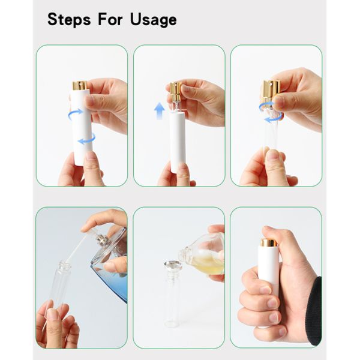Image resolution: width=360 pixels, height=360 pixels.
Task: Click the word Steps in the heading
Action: click(69, 20)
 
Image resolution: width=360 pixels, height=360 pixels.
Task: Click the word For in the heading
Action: click(110, 19)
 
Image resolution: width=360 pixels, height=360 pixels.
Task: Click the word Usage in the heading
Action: click(154, 20)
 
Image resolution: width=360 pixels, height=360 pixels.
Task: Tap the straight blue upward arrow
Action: click(160, 111)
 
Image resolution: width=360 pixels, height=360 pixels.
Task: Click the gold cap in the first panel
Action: click(80, 85)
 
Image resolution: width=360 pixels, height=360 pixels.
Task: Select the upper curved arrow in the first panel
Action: click(75, 114)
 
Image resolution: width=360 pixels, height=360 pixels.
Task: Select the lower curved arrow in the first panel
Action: click(87, 139)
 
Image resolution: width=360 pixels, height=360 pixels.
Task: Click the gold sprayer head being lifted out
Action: click(176, 89)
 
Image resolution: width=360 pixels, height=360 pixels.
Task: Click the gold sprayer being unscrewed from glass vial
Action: click(272, 89)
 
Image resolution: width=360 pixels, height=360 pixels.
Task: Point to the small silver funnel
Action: click(173, 265)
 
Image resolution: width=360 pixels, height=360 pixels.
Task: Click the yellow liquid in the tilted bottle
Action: click(208, 263)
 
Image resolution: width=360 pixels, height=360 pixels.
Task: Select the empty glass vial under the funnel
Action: click(173, 298)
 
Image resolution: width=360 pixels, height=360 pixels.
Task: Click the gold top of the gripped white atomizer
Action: click(268, 242)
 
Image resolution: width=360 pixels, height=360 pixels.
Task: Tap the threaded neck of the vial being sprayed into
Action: click(64, 266)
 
